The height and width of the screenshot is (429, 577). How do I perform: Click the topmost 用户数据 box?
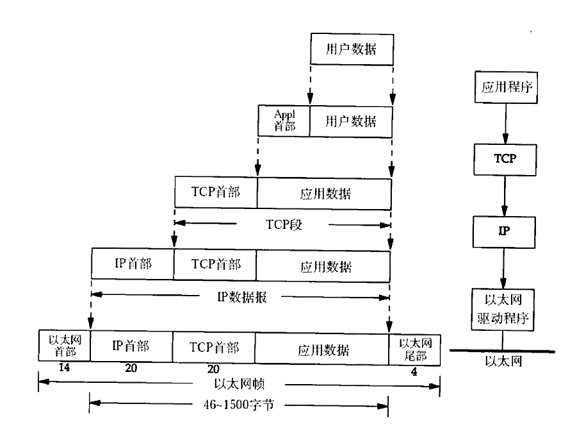point(350,48)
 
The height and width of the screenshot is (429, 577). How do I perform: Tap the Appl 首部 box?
point(284,120)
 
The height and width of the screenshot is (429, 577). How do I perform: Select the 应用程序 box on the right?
point(504,86)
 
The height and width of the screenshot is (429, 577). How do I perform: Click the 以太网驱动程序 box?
point(504,308)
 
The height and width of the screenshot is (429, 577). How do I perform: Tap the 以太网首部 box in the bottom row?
point(64,346)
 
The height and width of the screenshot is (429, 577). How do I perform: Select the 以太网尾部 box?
point(415,346)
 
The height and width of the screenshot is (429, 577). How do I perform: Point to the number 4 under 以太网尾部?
point(414,371)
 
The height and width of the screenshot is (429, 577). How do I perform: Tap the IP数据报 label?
point(241,297)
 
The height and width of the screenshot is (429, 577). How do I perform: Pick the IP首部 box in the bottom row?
point(131,347)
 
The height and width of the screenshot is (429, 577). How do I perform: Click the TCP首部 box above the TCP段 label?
point(216,192)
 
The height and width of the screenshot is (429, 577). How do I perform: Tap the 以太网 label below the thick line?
point(504,362)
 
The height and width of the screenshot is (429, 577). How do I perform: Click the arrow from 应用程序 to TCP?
point(504,122)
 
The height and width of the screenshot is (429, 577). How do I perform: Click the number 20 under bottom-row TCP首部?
point(214,369)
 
